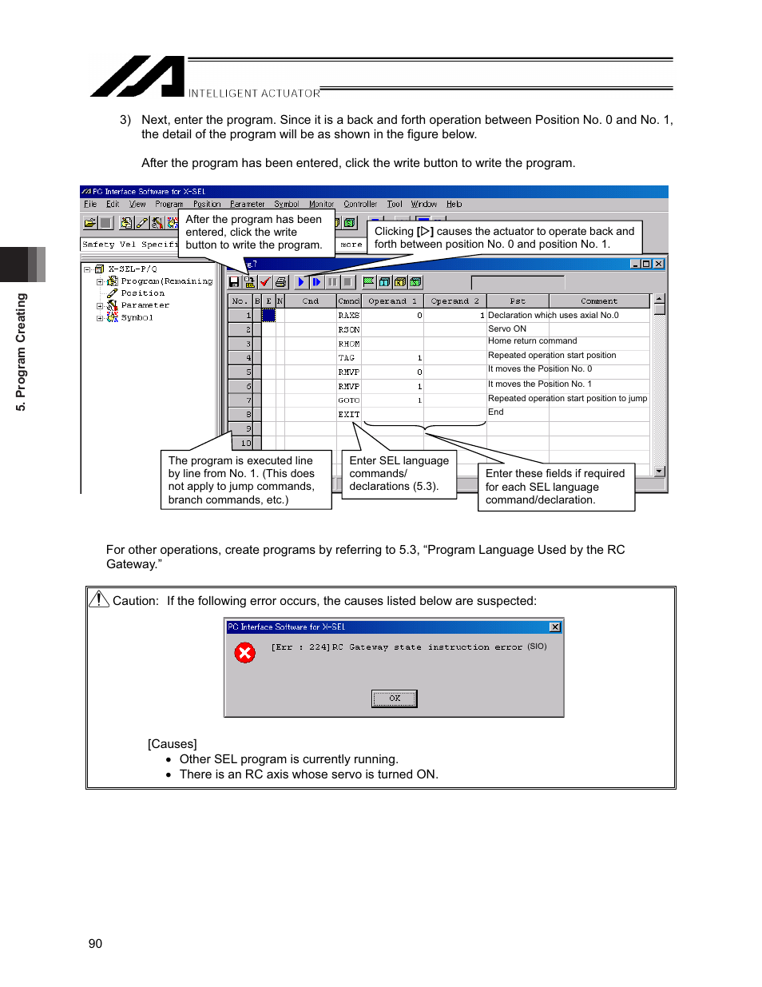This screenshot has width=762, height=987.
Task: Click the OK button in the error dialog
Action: point(394,698)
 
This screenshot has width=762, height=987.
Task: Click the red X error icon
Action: point(244,653)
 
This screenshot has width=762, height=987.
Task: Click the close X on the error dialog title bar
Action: point(555,627)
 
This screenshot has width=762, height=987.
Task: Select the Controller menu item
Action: point(360,205)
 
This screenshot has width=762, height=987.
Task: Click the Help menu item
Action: point(454,205)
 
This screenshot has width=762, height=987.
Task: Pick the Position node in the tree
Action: point(142,293)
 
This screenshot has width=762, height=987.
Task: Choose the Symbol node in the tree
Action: point(137,317)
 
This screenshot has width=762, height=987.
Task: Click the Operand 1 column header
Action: point(392,301)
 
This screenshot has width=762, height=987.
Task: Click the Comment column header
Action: point(598,301)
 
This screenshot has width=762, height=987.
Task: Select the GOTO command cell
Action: point(348,400)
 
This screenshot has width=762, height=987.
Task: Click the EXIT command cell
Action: point(348,414)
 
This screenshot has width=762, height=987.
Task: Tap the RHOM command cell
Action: point(348,344)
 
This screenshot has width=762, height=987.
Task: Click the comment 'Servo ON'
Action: point(507,328)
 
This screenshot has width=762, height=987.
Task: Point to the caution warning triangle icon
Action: point(98,599)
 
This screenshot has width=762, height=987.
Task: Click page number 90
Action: point(95,944)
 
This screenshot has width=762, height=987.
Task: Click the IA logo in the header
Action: point(137,77)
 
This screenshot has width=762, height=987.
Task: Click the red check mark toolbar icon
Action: point(265,282)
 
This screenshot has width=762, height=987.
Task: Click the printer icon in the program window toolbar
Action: point(280,282)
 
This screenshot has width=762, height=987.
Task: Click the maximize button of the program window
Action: point(646,264)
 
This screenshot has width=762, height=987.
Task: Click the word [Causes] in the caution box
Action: point(172,744)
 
